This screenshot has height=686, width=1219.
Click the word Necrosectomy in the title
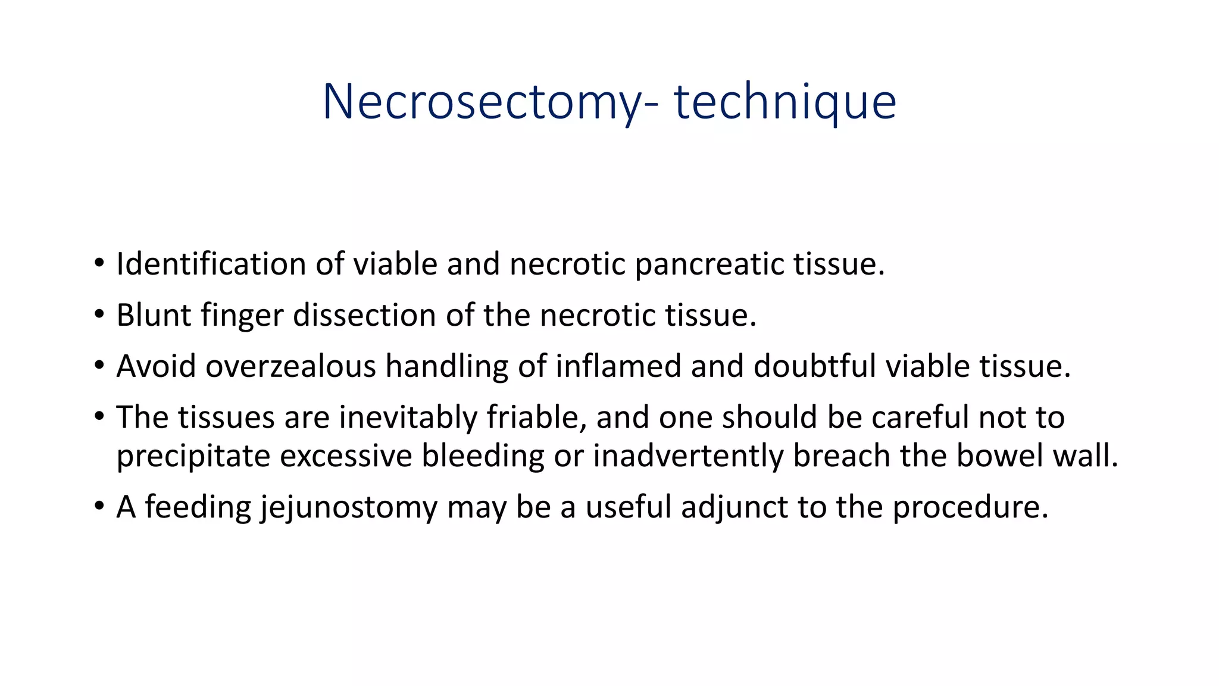tap(482, 102)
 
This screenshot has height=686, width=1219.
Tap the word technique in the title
tap(784, 102)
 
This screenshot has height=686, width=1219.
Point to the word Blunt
tap(154, 315)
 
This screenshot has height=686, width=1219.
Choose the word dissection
tap(364, 315)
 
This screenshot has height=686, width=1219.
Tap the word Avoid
tap(156, 366)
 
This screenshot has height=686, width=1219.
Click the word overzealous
tap(290, 366)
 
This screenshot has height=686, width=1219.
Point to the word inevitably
tap(408, 417)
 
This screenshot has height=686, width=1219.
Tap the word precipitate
tap(193, 457)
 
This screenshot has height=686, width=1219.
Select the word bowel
tap(1000, 456)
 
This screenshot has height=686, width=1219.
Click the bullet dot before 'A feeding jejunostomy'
tap(99, 507)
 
